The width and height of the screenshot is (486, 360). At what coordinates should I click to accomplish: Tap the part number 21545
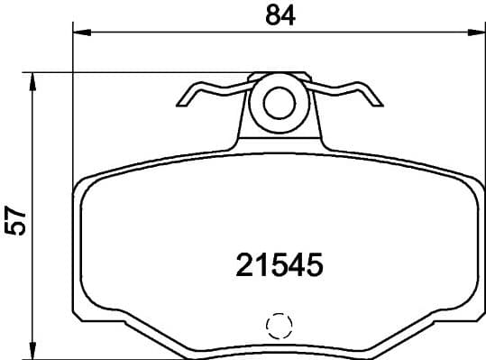tap(279, 263)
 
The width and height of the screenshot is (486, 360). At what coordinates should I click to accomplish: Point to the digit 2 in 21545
tap(244, 263)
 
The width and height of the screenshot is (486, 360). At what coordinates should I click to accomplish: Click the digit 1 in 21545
tap(261, 263)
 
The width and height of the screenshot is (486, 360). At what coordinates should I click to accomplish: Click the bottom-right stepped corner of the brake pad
tap(474, 318)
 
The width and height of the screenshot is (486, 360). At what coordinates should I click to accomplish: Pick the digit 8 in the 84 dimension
tap(270, 15)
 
